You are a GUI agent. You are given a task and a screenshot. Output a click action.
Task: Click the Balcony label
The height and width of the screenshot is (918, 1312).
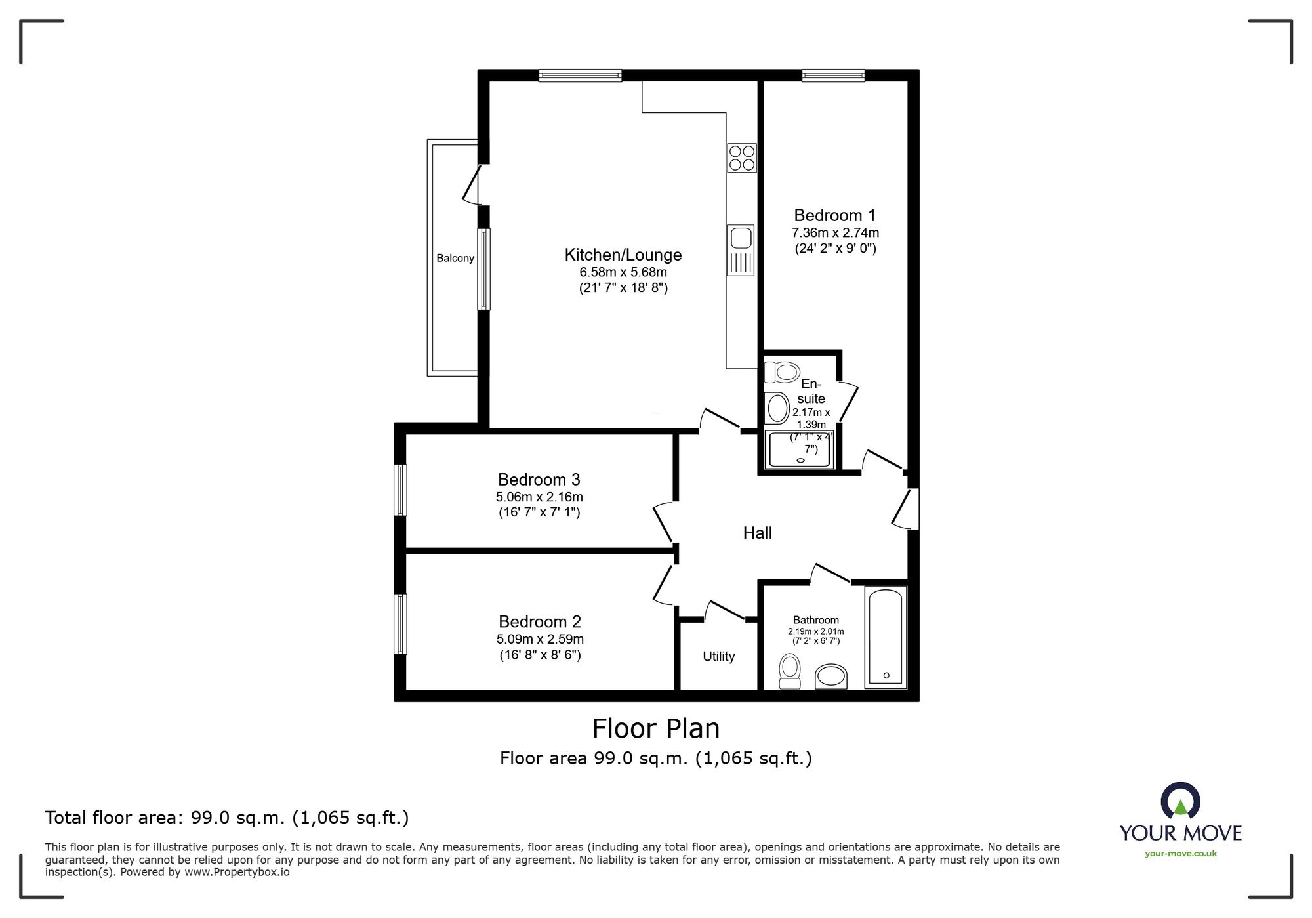pos(455,258)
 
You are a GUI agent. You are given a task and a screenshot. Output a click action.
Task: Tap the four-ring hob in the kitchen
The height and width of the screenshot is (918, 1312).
pos(741,157)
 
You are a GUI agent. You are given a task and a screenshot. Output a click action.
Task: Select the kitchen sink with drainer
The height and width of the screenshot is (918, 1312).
pos(741,250)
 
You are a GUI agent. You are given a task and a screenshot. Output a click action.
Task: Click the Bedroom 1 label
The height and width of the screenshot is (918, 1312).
pos(834,215)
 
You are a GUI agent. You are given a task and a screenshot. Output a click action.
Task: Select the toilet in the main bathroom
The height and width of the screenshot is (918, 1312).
pos(790,671)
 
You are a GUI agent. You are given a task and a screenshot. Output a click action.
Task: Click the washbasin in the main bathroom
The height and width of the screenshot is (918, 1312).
pos(831,677)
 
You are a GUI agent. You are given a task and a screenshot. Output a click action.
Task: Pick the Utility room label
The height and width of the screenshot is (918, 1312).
pos(719,656)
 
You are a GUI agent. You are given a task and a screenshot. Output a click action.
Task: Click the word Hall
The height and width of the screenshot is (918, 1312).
pos(757,533)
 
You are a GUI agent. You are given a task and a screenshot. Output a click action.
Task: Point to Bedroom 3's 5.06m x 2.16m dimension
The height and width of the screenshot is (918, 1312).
pos(539,497)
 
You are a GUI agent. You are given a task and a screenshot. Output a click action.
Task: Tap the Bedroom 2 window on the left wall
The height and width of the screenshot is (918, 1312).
pos(400,624)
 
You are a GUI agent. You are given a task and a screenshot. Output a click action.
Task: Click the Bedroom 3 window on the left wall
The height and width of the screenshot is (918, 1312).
pos(400,490)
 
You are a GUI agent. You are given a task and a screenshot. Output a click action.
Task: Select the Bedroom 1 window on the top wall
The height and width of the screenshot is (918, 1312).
pos(833,75)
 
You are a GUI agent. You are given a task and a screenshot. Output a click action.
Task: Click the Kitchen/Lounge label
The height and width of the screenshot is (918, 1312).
pos(623,255)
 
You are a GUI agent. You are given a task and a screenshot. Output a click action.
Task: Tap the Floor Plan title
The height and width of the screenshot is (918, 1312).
pos(656,728)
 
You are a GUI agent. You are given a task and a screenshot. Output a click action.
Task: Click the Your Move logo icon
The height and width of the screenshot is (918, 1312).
pos(1180,801)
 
